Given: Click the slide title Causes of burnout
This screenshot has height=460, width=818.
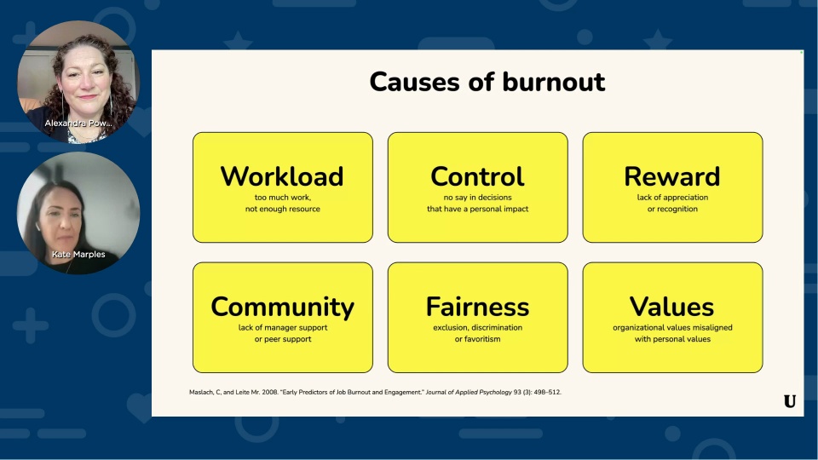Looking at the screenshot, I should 487,82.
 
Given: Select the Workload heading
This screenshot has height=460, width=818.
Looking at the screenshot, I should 282,176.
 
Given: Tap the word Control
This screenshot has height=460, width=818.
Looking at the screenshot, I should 477,176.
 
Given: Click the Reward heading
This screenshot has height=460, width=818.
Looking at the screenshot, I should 671,176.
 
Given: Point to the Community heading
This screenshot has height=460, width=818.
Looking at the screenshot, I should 282,307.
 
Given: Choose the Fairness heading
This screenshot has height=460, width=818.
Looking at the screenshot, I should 477,307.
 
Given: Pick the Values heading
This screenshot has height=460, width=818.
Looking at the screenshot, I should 671,307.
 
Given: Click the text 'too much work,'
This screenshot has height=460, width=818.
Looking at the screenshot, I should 283,198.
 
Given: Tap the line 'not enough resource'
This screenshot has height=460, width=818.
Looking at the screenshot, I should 282,209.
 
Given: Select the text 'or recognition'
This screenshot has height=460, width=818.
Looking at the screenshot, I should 671,209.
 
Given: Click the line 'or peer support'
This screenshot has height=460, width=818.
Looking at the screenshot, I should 283,339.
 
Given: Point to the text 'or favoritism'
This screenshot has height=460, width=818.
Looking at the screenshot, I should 477,339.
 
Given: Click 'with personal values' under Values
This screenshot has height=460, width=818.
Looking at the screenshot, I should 672,339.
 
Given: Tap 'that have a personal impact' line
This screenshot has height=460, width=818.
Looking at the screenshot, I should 477,209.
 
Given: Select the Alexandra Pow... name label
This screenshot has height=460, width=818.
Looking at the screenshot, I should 78,124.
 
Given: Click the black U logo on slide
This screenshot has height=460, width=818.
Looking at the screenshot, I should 789,401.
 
